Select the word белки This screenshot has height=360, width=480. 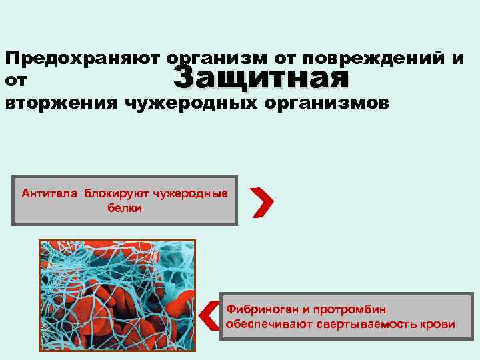(125, 207)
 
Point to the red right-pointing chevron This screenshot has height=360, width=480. (263, 202)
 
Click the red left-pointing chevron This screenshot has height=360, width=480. (209, 315)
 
